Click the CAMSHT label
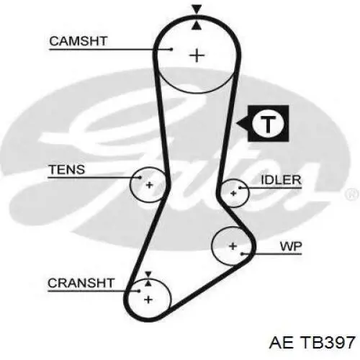pyautogui.click(x=78, y=41)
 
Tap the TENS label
pyautogui.click(x=67, y=169)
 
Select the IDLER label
pyautogui.click(x=281, y=180)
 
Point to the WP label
pyautogui.click(x=291, y=246)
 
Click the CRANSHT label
pyautogui.click(x=81, y=283)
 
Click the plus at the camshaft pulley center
pyautogui.click(x=197, y=55)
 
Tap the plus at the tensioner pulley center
pyautogui.click(x=149, y=185)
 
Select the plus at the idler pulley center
pyautogui.click(x=233, y=193)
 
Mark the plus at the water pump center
pyautogui.click(x=233, y=246)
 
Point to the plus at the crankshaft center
pyautogui.click(x=148, y=300)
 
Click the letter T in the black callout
pyautogui.click(x=268, y=124)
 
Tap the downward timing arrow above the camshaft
pyautogui.click(x=197, y=9)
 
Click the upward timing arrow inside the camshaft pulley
pyautogui.click(x=197, y=25)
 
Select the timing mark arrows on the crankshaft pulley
pyautogui.click(x=148, y=279)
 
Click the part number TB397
pyautogui.click(x=328, y=342)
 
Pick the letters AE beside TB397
pyautogui.click(x=282, y=342)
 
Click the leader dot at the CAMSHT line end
pyautogui.click(x=171, y=50)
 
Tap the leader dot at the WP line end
pyautogui.click(x=243, y=253)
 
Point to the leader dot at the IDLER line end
pyautogui.click(x=240, y=187)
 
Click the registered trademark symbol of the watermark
pyautogui.click(x=353, y=194)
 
